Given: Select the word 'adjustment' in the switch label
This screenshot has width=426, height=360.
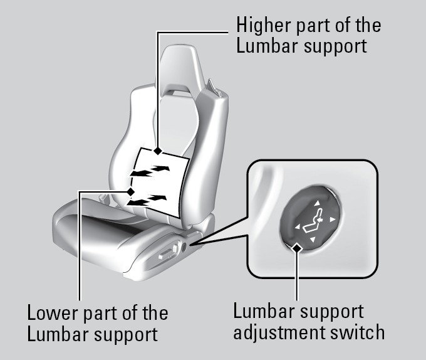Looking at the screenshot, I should [277, 332].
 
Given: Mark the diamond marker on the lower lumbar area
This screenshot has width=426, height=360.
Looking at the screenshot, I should [130, 191].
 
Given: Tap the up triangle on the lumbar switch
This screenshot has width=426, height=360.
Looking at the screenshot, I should [317, 203].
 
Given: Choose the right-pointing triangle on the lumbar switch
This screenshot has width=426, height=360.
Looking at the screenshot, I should [333, 220].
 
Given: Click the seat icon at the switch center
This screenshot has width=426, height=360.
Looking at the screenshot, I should [312, 221].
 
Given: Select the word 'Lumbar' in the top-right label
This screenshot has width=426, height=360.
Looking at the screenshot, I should [267, 47].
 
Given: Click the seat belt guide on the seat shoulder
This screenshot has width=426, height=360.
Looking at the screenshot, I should [213, 85].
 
